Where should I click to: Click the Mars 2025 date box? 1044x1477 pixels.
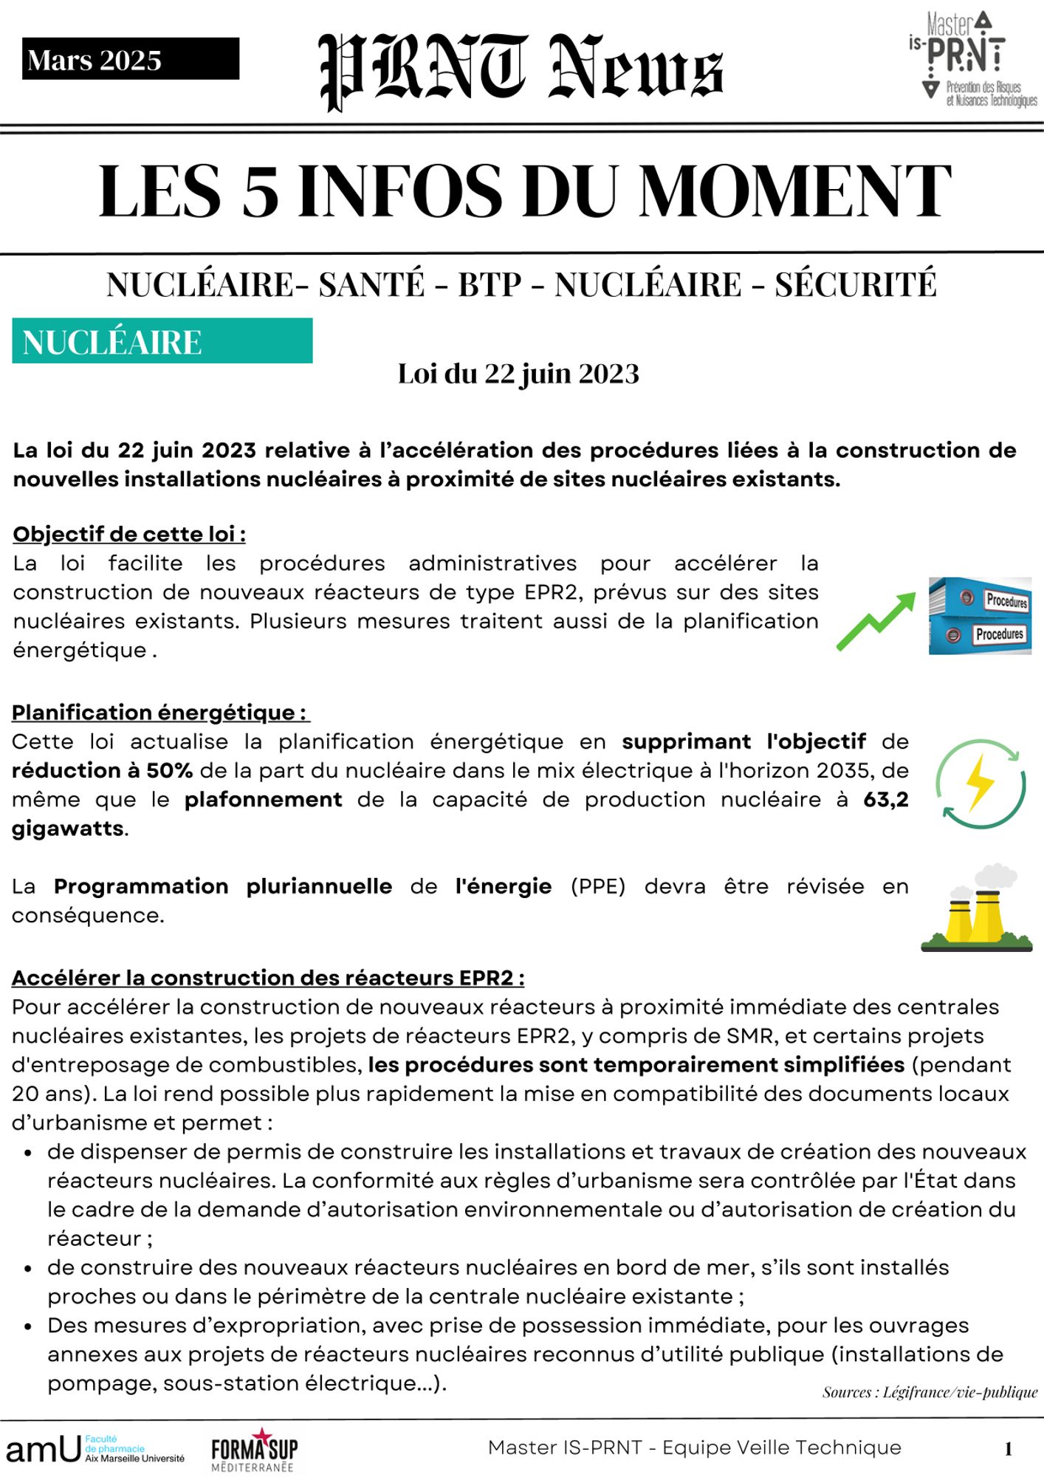point(130,59)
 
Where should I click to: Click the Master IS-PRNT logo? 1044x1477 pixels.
point(972,59)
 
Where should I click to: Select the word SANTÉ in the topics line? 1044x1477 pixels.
point(371,285)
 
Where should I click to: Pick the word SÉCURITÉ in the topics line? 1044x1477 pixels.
point(855,285)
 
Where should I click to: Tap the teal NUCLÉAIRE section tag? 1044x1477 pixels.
point(162,341)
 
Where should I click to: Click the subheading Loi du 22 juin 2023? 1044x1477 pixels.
point(518,374)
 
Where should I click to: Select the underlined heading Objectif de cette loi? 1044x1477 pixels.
point(129,534)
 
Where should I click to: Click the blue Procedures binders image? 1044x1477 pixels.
point(980,616)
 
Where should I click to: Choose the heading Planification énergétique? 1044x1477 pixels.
point(160,713)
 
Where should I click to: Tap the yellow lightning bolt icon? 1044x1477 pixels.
point(981,783)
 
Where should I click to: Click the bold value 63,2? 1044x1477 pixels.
point(885,800)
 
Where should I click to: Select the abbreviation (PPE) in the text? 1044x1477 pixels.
point(597,886)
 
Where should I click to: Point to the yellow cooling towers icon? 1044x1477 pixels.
point(976,909)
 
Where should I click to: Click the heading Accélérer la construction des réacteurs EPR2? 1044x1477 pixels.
point(268,978)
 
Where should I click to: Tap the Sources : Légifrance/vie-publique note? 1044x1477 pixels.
point(930,1392)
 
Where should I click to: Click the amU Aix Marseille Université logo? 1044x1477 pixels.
point(95,1449)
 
